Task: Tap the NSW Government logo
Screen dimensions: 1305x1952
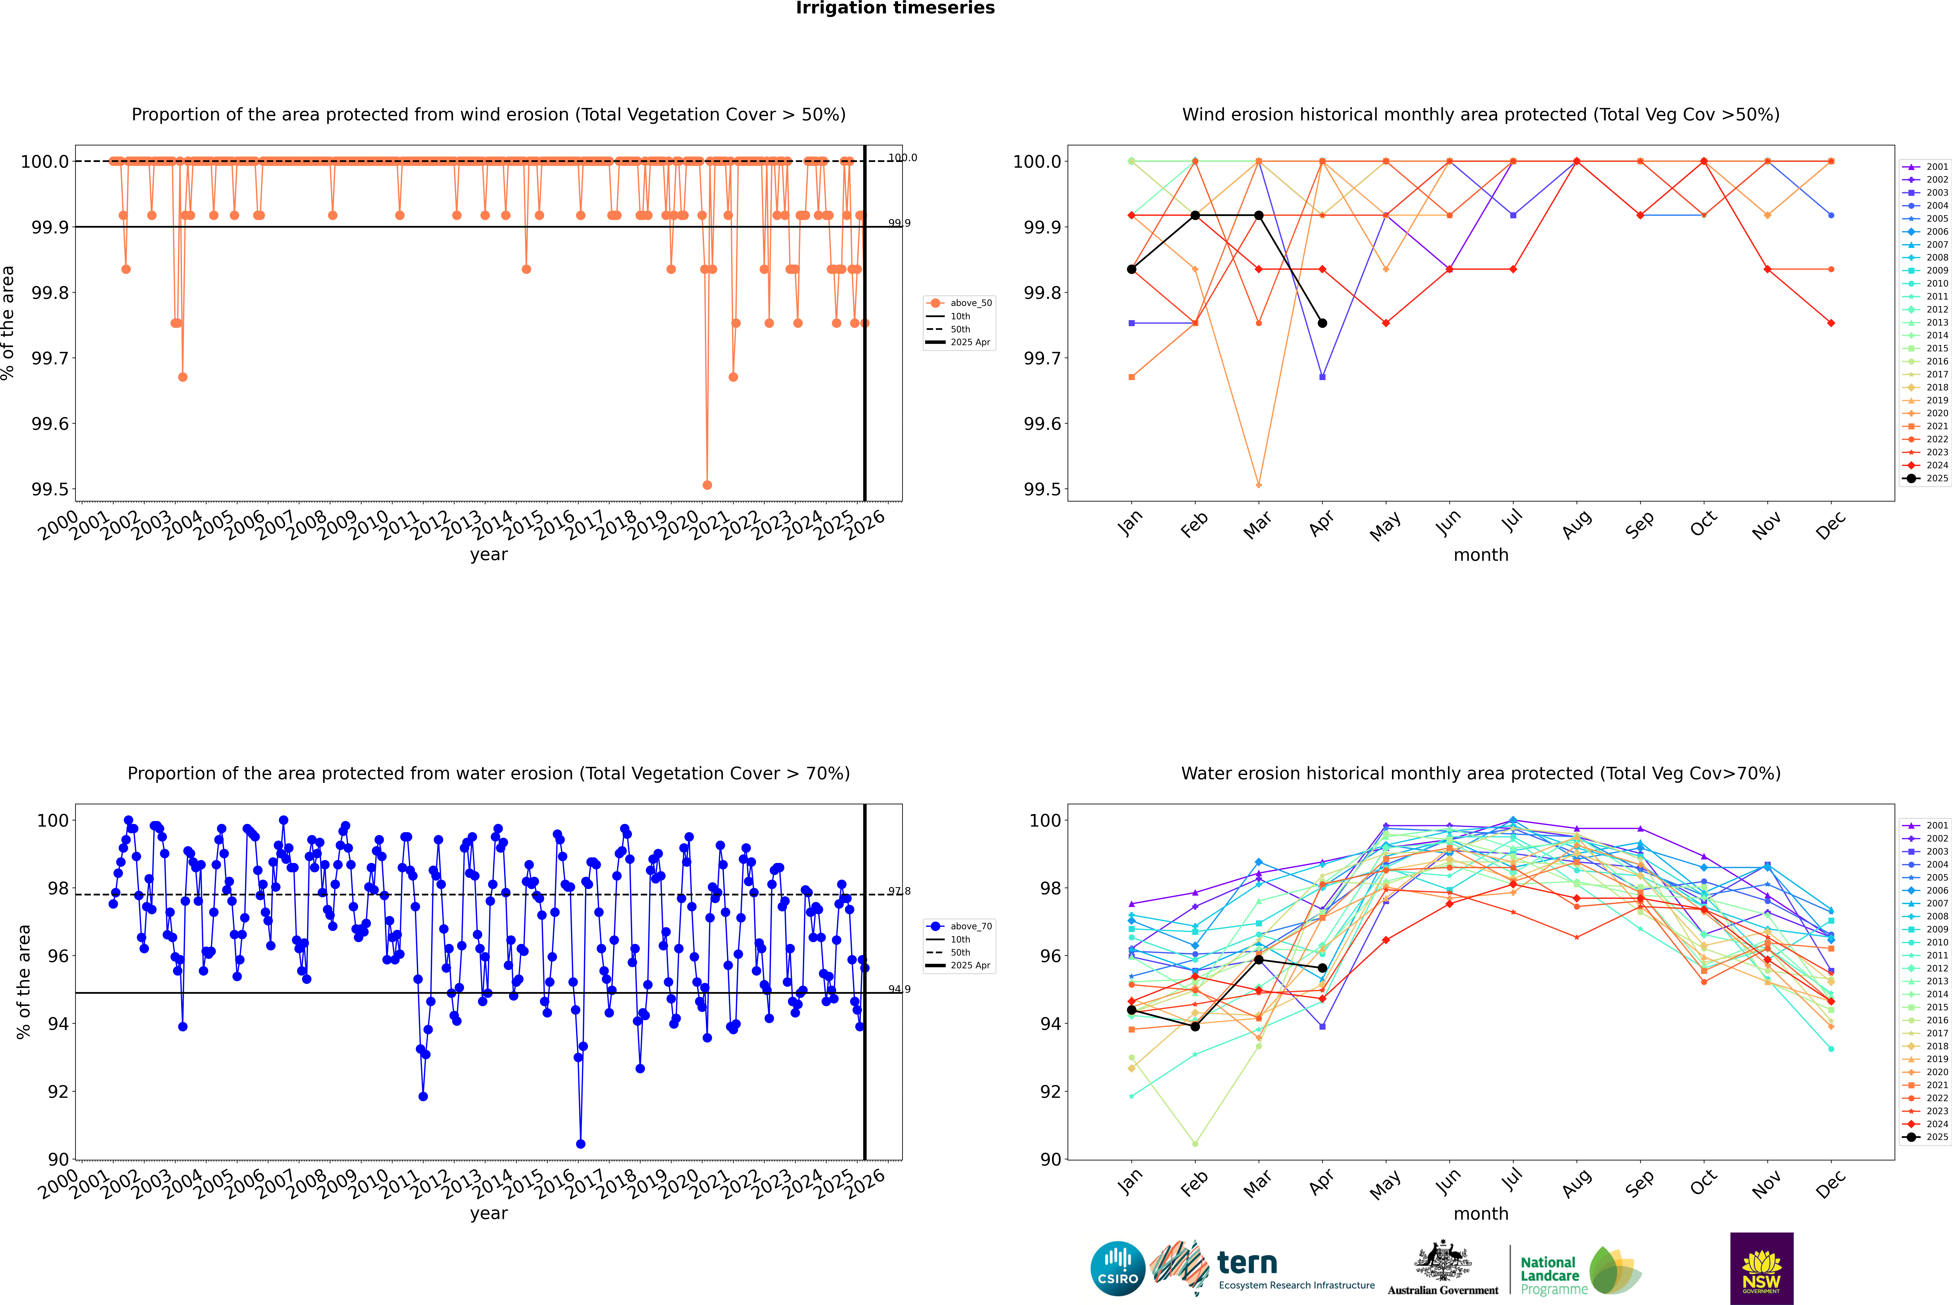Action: pos(1761,1268)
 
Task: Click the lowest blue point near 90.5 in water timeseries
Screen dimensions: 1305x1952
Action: pos(581,1143)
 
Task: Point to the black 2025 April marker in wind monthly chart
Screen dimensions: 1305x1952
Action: pos(1322,323)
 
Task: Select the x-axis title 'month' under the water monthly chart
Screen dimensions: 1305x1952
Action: pos(1480,1213)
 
